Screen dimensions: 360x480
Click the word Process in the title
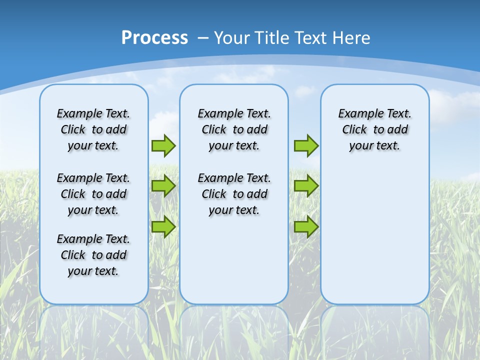click(x=154, y=38)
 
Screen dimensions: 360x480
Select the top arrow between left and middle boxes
click(x=163, y=145)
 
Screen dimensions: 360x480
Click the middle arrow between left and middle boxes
click(x=163, y=186)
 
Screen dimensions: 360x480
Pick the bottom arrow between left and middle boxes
click(x=163, y=226)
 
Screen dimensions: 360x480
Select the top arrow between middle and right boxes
click(x=306, y=145)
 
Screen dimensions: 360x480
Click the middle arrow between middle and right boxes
click(x=306, y=186)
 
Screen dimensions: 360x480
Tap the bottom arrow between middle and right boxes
click(x=306, y=226)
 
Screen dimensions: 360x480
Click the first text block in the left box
click(x=93, y=129)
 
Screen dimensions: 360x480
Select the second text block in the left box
click(x=93, y=194)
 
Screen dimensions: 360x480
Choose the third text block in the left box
click(x=93, y=255)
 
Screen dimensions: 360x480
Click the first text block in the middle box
click(x=234, y=129)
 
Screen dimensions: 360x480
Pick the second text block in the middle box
click(x=234, y=194)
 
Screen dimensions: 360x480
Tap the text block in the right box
click(x=375, y=129)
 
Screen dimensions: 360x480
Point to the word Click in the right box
click(x=354, y=130)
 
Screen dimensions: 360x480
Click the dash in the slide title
click(x=203, y=38)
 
